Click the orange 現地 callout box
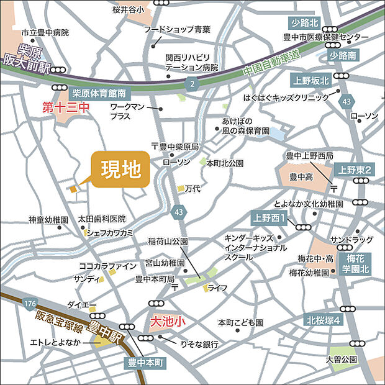click(x=121, y=169)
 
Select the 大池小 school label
click(x=169, y=322)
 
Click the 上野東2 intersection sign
click(x=355, y=170)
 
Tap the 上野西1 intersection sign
click(x=269, y=218)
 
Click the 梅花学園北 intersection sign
click(x=358, y=263)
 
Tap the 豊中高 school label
click(x=301, y=177)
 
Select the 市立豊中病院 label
click(x=45, y=32)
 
